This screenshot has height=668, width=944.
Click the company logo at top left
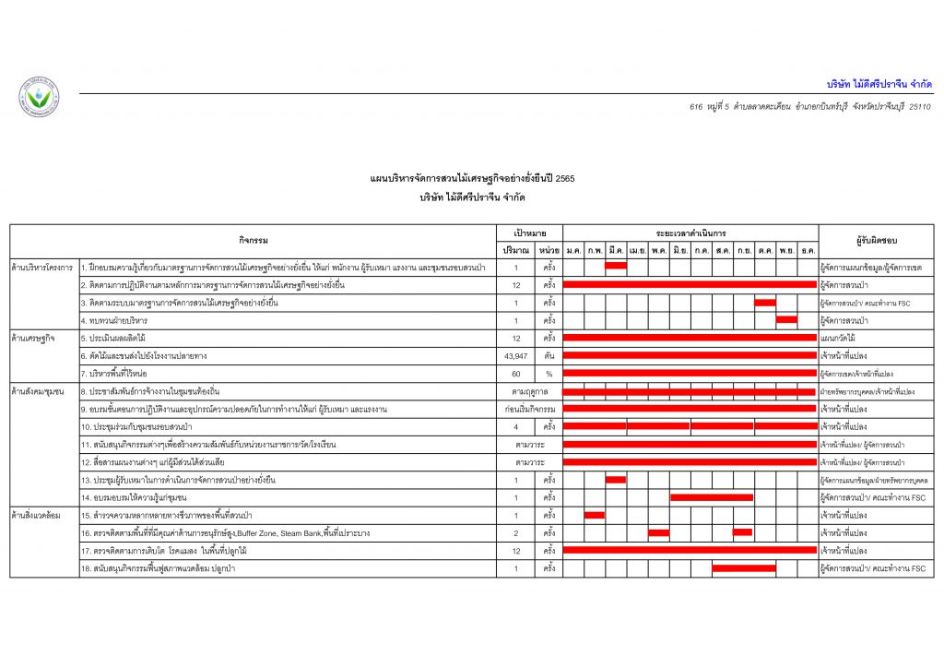[38, 97]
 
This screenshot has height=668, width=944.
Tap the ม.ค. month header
[573, 250]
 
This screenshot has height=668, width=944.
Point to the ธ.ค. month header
[808, 250]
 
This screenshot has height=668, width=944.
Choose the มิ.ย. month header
[680, 250]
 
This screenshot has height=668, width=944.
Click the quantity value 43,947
[516, 355]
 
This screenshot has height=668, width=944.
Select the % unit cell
[549, 374]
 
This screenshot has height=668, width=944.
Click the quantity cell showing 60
[516, 374]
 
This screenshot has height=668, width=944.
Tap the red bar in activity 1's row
[616, 267]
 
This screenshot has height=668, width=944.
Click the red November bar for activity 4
[786, 320]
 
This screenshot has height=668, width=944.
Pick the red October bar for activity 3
[765, 303]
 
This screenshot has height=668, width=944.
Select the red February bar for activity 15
[595, 515]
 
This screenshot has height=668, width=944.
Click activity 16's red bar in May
[658, 532]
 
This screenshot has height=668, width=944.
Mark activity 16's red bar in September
[743, 532]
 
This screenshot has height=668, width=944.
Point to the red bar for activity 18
[743, 568]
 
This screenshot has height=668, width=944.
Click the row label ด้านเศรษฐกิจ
[34, 338]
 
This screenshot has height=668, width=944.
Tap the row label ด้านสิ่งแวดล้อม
[38, 515]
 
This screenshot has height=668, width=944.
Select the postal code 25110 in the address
[919, 108]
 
